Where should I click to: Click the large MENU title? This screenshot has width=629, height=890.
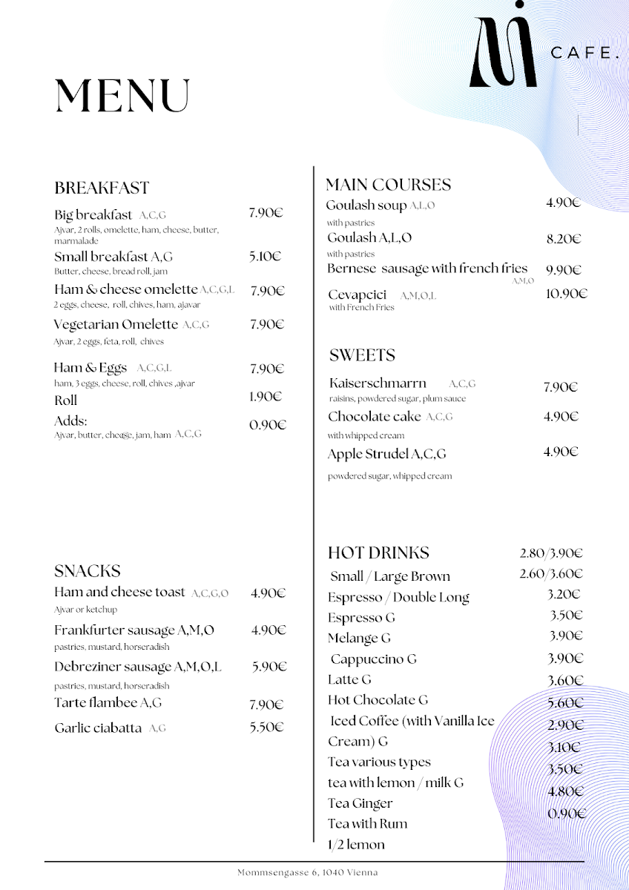pyautogui.click(x=122, y=96)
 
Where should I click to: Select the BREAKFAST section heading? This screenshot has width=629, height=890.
pyautogui.click(x=102, y=188)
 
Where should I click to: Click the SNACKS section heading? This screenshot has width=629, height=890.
pyautogui.click(x=87, y=571)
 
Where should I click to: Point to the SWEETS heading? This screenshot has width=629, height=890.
pyautogui.click(x=362, y=355)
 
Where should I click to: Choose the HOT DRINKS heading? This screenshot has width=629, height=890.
pyautogui.click(x=378, y=553)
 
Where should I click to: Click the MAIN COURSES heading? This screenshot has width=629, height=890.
pyautogui.click(x=388, y=185)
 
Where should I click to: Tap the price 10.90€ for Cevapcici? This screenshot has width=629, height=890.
pyautogui.click(x=566, y=294)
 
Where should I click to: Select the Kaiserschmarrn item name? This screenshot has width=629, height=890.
pyautogui.click(x=378, y=383)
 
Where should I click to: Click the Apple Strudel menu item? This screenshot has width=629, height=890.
pyautogui.click(x=386, y=454)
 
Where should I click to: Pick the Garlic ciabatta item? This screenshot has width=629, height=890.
pyautogui.click(x=98, y=728)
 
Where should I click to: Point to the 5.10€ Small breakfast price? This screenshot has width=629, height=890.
pyautogui.click(x=265, y=257)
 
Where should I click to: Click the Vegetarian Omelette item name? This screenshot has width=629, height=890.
pyautogui.click(x=116, y=325)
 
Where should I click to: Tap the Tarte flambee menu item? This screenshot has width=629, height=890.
pyautogui.click(x=108, y=702)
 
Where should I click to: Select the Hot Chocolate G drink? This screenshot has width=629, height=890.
pyautogui.click(x=378, y=700)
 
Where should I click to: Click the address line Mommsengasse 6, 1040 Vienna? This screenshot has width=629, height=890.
pyautogui.click(x=307, y=873)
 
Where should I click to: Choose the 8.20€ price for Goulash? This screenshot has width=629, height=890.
pyautogui.click(x=563, y=239)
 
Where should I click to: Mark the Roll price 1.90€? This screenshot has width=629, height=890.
pyautogui.click(x=265, y=397)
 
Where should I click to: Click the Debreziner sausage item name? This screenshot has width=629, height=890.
pyautogui.click(x=137, y=667)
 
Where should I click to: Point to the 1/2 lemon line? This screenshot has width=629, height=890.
pyautogui.click(x=356, y=844)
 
